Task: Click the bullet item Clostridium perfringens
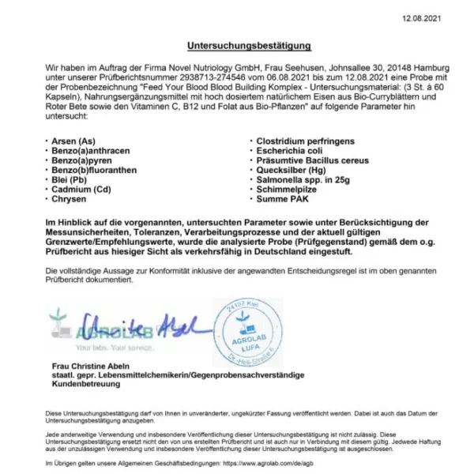[305, 141]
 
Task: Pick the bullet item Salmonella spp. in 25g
[303, 180]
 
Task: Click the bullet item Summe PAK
[283, 200]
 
